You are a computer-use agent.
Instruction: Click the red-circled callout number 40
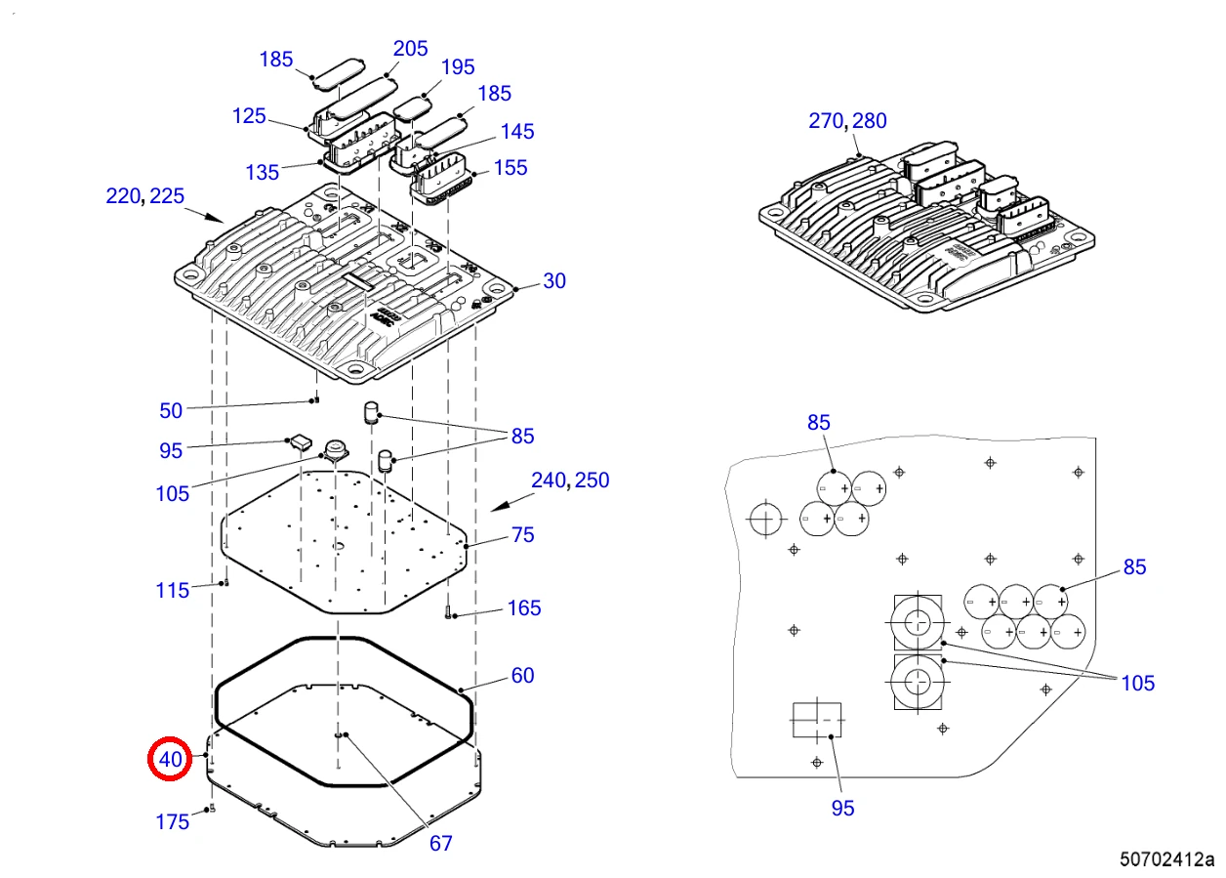(x=170, y=759)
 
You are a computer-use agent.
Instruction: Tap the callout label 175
(x=173, y=821)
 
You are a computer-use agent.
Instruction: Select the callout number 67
(x=440, y=844)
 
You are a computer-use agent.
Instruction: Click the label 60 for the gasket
(x=522, y=675)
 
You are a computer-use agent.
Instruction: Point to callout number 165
(x=524, y=608)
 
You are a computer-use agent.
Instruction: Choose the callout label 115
(x=173, y=591)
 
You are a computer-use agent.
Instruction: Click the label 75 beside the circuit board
(x=522, y=534)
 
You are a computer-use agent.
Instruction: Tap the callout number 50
(x=171, y=411)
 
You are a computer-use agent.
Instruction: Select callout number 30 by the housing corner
(x=554, y=281)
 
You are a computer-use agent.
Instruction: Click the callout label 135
(x=263, y=173)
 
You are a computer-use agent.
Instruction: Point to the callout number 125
(x=249, y=116)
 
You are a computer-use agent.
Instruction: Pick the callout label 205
(x=411, y=49)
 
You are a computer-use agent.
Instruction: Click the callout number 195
(x=458, y=67)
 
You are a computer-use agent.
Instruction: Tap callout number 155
(x=511, y=168)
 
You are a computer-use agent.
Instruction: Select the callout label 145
(x=517, y=132)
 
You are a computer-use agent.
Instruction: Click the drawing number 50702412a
(x=1166, y=859)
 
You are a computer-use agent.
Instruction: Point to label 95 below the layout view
(x=843, y=809)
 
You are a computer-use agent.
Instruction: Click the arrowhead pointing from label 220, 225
(x=216, y=218)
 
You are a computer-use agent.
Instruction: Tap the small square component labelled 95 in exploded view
(x=301, y=441)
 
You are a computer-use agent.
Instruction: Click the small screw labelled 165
(x=448, y=614)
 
